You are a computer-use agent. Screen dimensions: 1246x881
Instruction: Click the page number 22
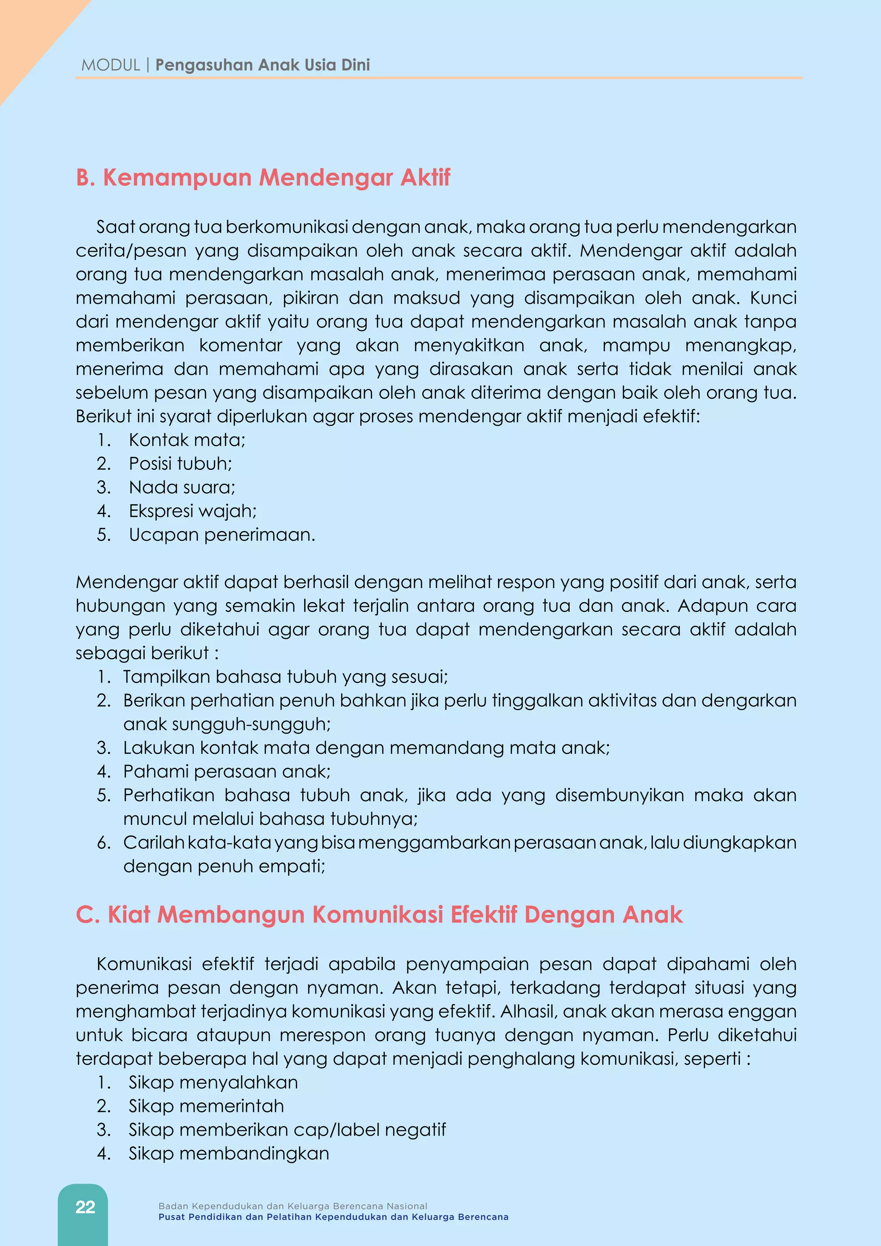coord(85,1207)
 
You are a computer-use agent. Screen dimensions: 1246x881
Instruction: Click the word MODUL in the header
coord(111,65)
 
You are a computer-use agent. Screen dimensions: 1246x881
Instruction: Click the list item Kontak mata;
coord(187,440)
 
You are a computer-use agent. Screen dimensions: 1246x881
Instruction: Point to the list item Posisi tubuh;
coord(180,463)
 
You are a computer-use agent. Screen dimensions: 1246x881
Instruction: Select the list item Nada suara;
coord(182,487)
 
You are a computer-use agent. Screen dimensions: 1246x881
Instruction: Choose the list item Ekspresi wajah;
coord(193,511)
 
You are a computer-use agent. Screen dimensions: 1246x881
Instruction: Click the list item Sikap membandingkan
coord(228,1153)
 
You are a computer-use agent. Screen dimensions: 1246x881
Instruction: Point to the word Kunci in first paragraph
coord(773,298)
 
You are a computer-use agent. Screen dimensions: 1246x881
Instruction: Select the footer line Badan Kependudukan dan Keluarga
coord(293,1206)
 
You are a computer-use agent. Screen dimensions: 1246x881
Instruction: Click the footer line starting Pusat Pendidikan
coord(333,1217)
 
